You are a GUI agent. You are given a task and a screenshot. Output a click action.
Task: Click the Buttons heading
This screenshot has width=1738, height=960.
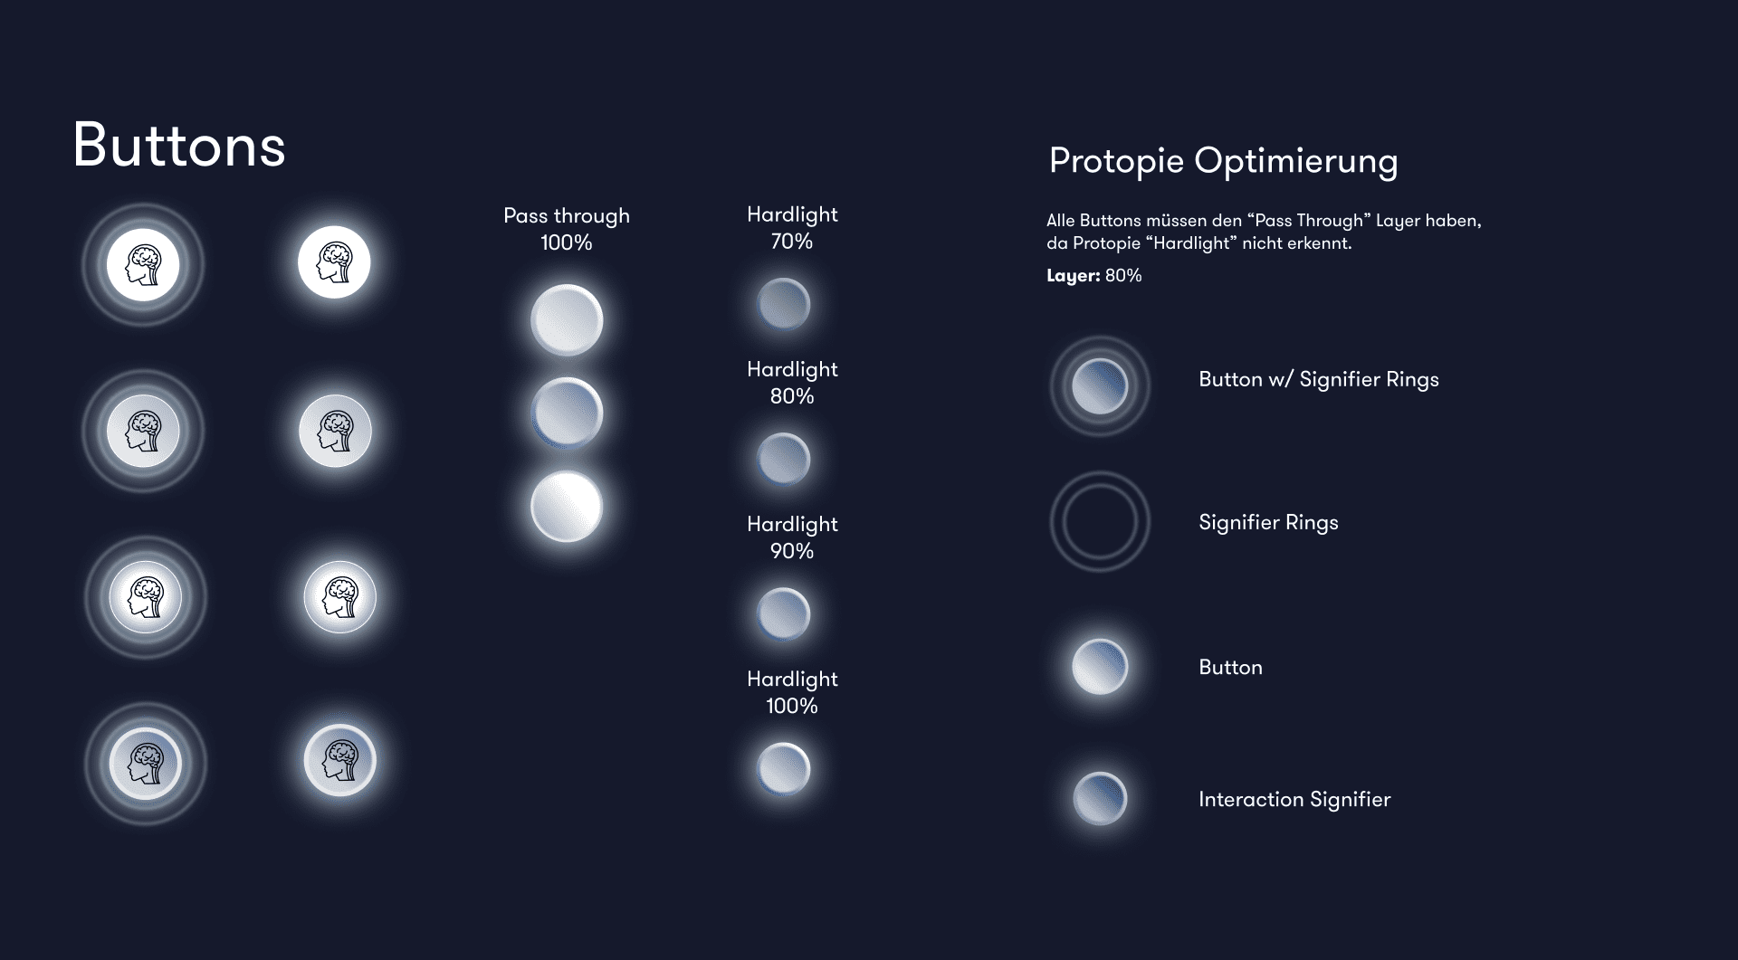(179, 146)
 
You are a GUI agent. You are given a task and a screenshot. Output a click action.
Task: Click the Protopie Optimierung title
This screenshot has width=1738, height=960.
(1223, 161)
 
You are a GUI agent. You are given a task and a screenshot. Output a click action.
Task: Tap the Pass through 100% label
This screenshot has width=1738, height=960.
(567, 229)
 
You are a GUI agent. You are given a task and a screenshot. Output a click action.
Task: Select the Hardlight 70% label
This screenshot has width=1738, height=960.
(792, 228)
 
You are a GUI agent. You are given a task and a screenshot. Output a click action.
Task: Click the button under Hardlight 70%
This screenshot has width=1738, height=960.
(784, 304)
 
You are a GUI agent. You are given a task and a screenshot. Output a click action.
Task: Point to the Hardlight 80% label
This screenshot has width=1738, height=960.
(792, 383)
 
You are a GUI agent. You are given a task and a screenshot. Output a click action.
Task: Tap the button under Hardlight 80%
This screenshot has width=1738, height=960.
(784, 459)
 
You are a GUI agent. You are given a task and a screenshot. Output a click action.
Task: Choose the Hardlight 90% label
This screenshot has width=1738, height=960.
(792, 537)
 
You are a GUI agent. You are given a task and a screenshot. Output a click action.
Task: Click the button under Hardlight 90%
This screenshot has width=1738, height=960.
(784, 613)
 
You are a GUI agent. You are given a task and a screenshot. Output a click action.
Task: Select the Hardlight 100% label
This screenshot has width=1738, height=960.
(792, 692)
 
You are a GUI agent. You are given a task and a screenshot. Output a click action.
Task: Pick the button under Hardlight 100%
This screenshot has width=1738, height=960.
(784, 768)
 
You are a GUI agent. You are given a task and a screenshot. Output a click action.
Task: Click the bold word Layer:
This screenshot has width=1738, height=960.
(1074, 275)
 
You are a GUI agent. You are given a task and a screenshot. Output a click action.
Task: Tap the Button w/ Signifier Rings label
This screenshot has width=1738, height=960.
(1319, 379)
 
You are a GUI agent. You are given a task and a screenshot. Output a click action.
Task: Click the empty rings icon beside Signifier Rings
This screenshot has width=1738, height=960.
(1100, 472)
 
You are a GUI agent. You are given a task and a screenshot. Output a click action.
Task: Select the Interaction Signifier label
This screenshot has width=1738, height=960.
(1294, 799)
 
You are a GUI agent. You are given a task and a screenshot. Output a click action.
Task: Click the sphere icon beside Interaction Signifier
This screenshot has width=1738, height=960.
(1100, 799)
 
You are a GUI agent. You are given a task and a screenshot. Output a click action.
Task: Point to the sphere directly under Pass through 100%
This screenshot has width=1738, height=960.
(567, 319)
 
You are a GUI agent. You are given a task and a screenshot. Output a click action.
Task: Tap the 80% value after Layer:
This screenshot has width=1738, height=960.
(1123, 275)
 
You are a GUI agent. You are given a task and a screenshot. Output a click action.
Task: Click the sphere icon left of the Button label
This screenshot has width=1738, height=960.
(1100, 667)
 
